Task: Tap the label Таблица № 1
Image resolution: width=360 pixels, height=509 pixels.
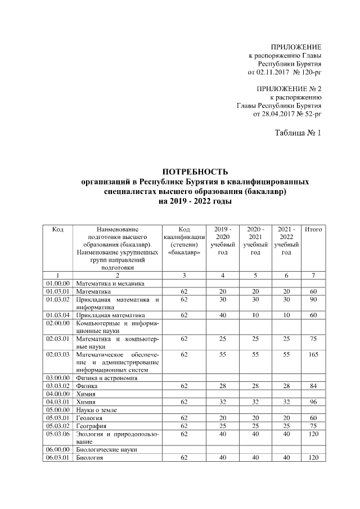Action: (297, 133)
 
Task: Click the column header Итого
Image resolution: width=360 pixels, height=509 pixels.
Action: (313, 229)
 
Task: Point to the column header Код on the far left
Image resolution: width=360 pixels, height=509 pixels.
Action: (57, 229)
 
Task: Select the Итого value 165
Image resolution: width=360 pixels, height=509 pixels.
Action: (313, 355)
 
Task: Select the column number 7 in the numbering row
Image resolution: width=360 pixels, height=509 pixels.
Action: (313, 275)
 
